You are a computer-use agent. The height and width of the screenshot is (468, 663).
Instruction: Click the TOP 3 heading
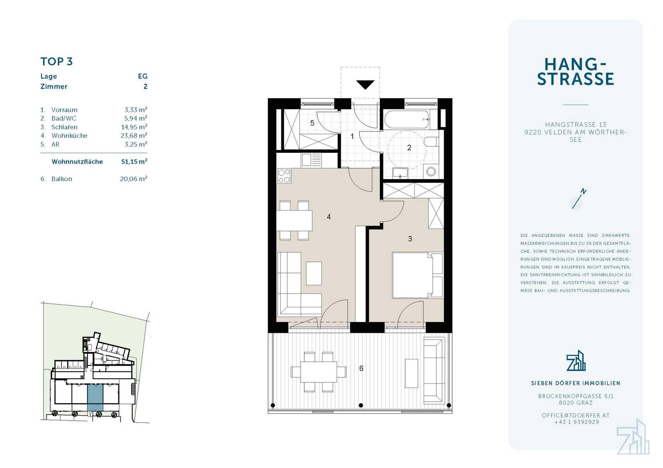click(x=57, y=62)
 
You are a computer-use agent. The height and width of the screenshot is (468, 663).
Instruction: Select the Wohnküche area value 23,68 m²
click(x=134, y=135)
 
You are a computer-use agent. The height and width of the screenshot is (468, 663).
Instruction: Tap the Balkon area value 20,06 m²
click(x=134, y=179)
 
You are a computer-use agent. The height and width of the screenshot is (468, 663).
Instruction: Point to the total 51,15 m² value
click(x=134, y=161)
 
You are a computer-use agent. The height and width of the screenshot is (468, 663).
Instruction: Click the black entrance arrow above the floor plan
click(x=365, y=85)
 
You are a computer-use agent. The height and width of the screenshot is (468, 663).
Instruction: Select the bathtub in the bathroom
click(x=407, y=120)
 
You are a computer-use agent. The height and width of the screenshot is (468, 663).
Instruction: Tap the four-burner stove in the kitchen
click(x=284, y=176)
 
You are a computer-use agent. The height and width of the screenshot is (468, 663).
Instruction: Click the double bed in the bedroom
click(x=418, y=275)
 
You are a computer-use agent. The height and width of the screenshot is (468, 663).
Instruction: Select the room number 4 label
click(x=329, y=217)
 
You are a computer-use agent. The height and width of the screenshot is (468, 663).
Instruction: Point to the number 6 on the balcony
click(x=361, y=368)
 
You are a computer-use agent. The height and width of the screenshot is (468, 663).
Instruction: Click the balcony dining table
click(x=319, y=372)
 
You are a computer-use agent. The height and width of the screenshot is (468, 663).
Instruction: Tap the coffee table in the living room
click(x=314, y=273)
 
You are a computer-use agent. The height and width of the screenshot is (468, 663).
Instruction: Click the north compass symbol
click(x=578, y=199)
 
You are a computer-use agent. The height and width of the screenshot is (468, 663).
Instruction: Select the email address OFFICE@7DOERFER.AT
click(x=576, y=416)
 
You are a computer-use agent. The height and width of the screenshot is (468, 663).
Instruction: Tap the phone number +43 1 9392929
click(x=576, y=422)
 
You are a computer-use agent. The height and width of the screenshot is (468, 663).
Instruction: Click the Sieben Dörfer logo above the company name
click(x=576, y=361)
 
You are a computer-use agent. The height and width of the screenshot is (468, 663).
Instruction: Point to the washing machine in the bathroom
click(x=431, y=172)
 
